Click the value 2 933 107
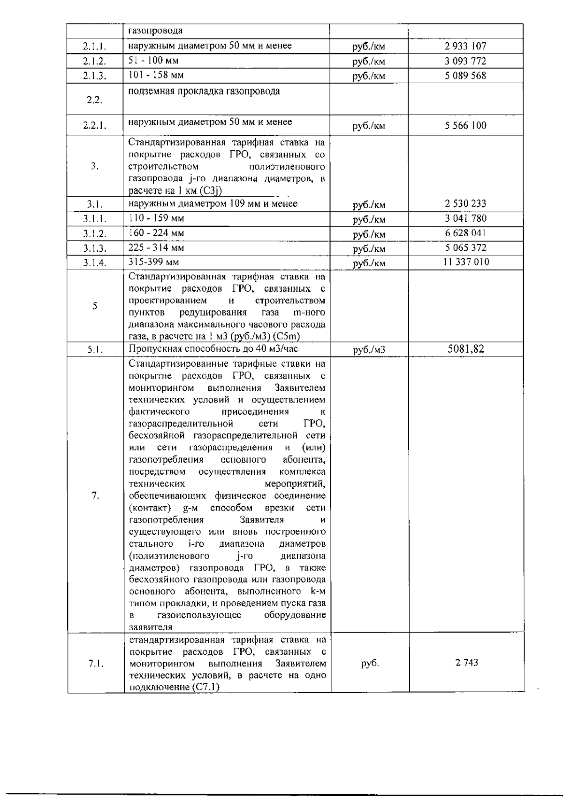click(465, 46)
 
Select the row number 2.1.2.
click(94, 61)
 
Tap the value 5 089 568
click(465, 76)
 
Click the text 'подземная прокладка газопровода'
click(204, 91)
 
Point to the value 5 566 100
click(465, 125)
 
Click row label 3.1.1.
click(94, 219)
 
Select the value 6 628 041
click(465, 233)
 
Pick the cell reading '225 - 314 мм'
click(156, 248)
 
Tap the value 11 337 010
click(465, 262)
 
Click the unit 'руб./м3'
click(369, 349)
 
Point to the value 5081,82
click(465, 348)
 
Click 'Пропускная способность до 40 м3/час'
click(213, 348)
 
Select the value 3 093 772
click(465, 61)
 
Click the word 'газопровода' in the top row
click(156, 31)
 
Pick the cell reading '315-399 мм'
click(153, 262)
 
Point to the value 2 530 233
click(465, 203)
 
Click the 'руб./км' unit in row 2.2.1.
click(369, 126)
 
